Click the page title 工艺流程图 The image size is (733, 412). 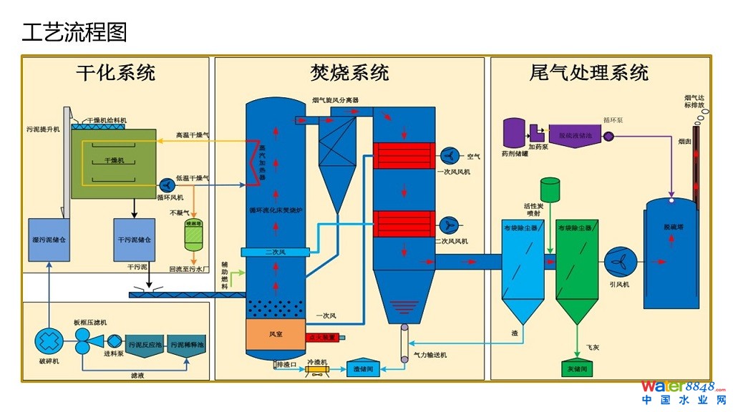(74, 32)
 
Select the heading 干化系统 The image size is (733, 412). (115, 73)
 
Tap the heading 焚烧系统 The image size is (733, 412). (349, 73)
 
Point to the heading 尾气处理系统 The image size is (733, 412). (589, 73)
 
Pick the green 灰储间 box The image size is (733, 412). (576, 368)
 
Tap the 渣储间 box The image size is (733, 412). (364, 369)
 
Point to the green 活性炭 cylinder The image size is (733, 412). (550, 190)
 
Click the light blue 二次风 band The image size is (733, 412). (276, 252)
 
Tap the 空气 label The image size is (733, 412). (473, 157)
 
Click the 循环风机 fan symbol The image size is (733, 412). (165, 183)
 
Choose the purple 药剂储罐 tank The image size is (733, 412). (514, 134)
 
